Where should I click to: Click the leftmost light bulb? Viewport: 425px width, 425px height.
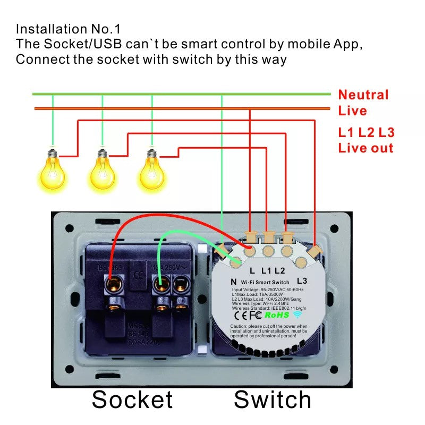(52, 168)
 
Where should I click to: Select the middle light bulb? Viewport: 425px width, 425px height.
(102, 168)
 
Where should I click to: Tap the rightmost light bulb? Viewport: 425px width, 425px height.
(152, 168)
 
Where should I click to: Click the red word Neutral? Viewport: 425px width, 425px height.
(363, 95)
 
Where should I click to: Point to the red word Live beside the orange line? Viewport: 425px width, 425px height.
(352, 111)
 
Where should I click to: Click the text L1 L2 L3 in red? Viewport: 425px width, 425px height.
(366, 133)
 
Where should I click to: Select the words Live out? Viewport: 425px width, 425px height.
(365, 148)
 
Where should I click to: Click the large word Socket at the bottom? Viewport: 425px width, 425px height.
(132, 399)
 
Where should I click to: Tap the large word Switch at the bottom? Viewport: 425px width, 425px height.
(273, 399)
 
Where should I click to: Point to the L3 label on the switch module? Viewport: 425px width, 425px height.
(302, 280)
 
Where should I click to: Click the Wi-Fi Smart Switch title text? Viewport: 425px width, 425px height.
(265, 282)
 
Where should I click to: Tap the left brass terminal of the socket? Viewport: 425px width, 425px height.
(113, 286)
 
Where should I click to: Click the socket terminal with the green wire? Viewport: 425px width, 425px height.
(160, 286)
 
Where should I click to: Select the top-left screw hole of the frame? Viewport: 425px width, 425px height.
(69, 228)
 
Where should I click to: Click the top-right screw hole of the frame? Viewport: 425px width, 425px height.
(334, 228)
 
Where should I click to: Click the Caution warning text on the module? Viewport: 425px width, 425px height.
(268, 330)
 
